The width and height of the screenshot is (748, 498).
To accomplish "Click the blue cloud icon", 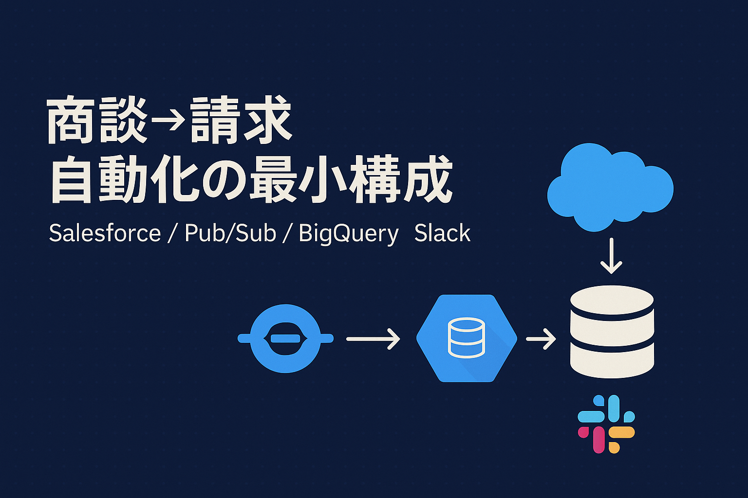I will (610, 187).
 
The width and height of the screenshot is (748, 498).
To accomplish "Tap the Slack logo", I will (606, 424).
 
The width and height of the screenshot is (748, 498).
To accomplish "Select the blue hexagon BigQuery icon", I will (467, 338).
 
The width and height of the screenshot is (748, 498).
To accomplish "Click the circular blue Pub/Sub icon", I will (285, 338).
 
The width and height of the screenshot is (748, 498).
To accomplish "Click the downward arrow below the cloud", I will (611, 256).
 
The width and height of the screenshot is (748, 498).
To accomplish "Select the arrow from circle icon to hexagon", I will (373, 338).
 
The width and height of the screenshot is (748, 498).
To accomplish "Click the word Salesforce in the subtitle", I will (105, 233).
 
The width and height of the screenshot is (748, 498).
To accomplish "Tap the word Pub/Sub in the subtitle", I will (230, 233).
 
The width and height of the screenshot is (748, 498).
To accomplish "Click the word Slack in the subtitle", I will (442, 233).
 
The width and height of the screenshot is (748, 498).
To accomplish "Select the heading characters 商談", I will (97, 121).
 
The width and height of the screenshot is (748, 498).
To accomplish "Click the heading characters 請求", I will (241, 121).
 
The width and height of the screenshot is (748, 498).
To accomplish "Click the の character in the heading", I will (224, 180).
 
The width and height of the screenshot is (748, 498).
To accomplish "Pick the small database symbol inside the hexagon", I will (466, 338).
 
